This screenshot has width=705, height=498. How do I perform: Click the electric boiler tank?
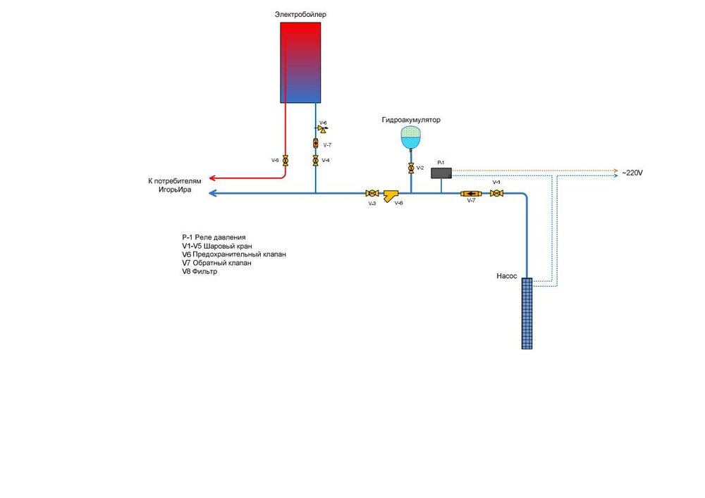301,62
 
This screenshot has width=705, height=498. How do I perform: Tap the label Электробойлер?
301,14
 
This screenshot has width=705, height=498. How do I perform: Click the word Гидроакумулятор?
411,120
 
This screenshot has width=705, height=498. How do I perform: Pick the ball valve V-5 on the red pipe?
286,161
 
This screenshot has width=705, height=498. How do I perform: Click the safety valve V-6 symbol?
318,129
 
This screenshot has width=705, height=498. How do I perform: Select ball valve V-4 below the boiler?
315,161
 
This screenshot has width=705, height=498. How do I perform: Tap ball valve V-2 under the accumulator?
410,168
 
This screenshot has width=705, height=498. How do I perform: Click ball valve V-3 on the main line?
372,193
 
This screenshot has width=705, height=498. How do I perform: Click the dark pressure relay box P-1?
441,172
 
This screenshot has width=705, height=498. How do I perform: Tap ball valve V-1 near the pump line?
496,193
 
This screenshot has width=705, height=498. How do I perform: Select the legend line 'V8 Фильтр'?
200,271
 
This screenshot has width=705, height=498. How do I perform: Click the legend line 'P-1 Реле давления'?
213,237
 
